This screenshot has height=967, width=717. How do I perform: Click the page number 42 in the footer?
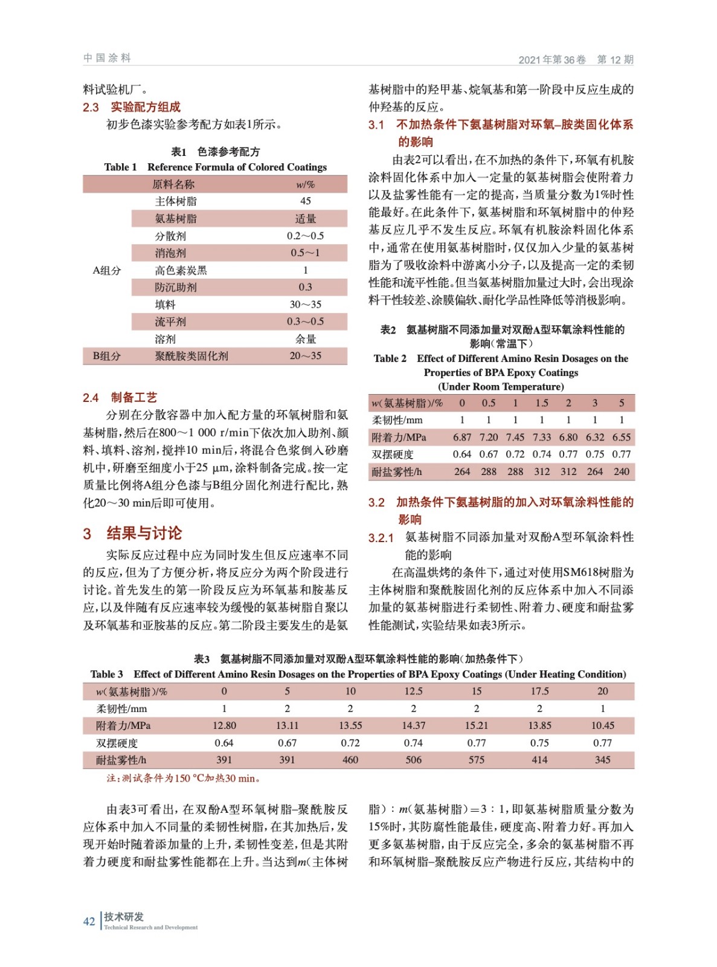89,921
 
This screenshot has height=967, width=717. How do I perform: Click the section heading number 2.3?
91,108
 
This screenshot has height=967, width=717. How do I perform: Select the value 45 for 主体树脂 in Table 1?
306,201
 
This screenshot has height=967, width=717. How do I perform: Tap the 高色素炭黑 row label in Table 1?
181,270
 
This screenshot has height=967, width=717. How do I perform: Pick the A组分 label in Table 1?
106,270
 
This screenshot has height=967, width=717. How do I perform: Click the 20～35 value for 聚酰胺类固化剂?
306,356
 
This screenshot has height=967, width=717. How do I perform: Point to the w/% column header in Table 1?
306,184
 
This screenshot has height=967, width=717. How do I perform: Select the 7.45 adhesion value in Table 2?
515,437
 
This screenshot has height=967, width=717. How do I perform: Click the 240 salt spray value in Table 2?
622,471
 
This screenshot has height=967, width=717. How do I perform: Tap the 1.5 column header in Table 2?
542,403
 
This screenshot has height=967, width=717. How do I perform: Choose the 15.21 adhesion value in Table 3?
477,725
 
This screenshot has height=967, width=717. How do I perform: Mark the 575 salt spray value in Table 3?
477,760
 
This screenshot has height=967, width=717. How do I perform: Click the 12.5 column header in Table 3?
413,691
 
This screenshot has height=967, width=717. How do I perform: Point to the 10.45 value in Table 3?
602,725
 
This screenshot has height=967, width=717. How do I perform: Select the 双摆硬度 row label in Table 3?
117,743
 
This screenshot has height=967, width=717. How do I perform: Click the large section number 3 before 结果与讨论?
87,534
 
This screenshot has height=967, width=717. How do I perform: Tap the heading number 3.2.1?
381,538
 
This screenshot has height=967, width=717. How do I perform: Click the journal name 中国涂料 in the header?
107,58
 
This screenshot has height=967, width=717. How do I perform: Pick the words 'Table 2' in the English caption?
390,358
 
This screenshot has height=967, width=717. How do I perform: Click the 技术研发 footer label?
124,917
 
